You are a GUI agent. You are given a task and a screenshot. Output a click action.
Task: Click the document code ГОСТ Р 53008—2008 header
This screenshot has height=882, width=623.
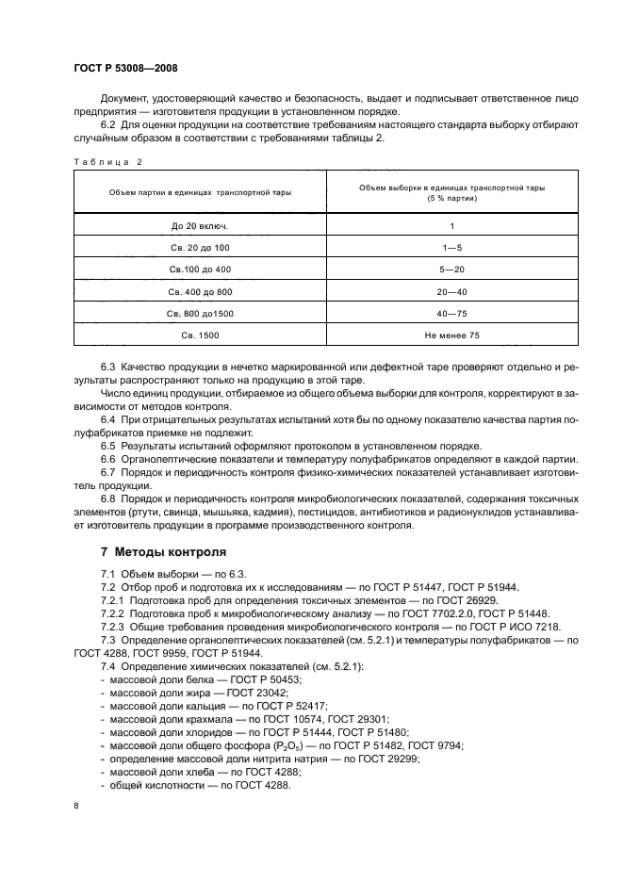tap(125, 69)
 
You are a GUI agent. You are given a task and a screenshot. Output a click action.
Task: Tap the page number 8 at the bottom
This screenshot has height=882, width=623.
tap(76, 806)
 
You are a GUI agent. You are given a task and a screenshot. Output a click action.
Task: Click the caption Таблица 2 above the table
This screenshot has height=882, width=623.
tap(107, 161)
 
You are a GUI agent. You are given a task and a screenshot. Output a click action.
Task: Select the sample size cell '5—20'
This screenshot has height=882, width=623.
tap(451, 269)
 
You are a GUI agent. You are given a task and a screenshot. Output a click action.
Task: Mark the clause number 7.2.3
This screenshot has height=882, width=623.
tap(114, 626)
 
